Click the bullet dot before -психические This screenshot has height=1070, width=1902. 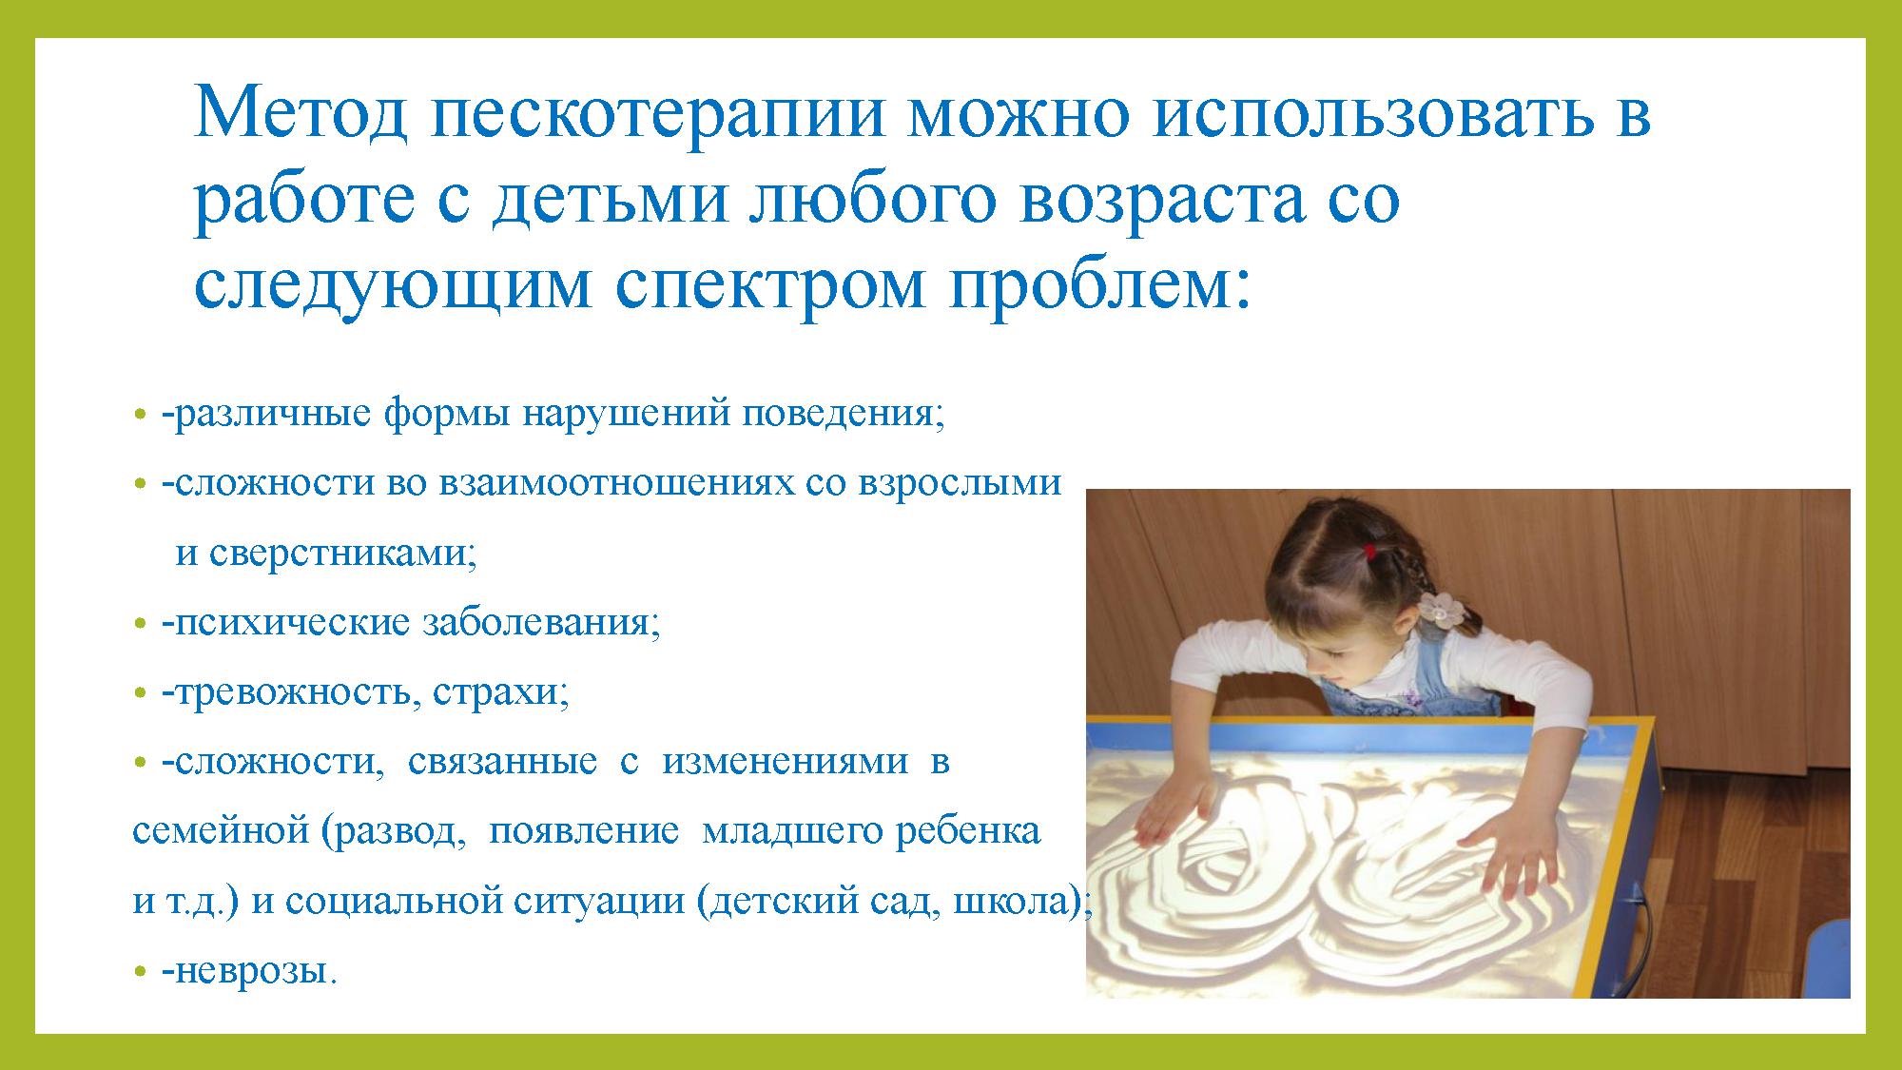(x=140, y=626)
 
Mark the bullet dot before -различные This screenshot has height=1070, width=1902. (x=140, y=417)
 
